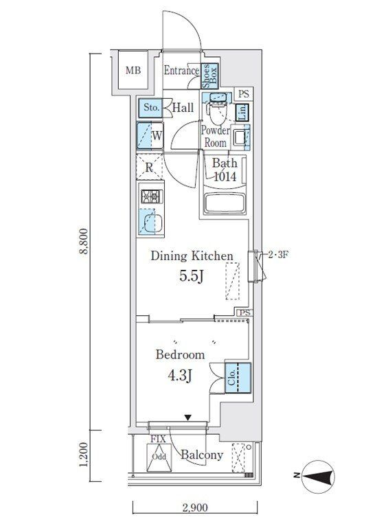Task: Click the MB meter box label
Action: coord(133,70)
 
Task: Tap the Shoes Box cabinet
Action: coord(209,76)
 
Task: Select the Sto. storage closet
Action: coord(150,108)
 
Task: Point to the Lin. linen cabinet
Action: coord(242,113)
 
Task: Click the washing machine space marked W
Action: coord(150,135)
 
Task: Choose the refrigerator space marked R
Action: coord(150,167)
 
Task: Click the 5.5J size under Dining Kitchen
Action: coord(191,276)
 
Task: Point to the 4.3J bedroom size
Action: coord(180,375)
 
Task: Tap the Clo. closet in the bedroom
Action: coord(238,378)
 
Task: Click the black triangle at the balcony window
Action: coord(188,417)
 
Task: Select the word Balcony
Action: coord(202,455)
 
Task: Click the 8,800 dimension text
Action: coord(84,241)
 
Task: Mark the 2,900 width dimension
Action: coord(195,507)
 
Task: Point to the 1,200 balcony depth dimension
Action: coord(84,455)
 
